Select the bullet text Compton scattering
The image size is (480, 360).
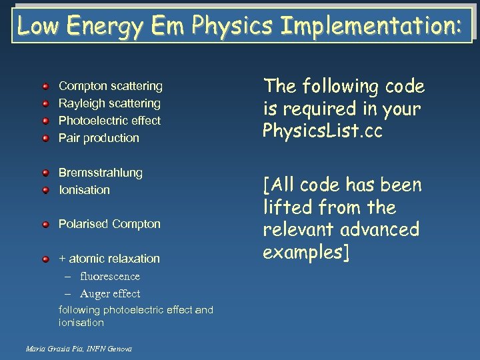click(x=110, y=86)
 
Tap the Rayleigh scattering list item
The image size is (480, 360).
click(x=109, y=103)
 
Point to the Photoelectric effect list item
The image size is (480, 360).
click(x=109, y=121)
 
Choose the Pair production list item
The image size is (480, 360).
click(x=99, y=138)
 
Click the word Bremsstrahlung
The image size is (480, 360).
click(x=101, y=173)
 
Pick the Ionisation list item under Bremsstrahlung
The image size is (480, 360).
click(x=84, y=190)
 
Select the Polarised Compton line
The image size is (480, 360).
click(x=109, y=224)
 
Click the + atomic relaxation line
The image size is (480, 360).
click(x=109, y=259)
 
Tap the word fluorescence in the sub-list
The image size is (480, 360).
click(x=110, y=276)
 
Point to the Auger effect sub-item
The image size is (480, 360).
click(x=110, y=293)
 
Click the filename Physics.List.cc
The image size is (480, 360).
click(x=323, y=131)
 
